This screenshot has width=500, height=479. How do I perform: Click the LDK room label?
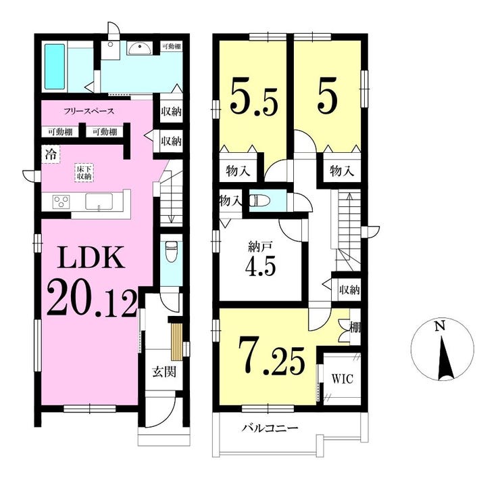coord(91,257)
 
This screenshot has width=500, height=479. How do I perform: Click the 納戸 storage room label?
coord(260,246)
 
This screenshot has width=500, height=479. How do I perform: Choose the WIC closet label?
coord(342,379)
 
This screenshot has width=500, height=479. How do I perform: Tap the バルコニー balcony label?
coord(270,428)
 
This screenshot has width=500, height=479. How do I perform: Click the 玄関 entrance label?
coord(164,371)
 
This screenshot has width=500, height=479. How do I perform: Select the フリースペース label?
coord(89,111)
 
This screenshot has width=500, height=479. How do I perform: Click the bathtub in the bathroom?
coord(55,66)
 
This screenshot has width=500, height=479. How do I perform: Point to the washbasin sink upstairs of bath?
coord(140,49)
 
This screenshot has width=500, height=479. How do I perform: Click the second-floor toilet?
coord(259,201)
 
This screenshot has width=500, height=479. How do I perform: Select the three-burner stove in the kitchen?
coord(61,202)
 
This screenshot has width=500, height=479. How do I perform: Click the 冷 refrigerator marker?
coord(51,154)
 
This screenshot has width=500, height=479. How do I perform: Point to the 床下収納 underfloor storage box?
coord(84,173)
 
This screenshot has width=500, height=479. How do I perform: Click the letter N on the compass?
coord(441,326)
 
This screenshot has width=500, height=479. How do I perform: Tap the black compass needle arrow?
coord(443,359)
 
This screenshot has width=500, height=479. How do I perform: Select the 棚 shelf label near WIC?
coord(355,328)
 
